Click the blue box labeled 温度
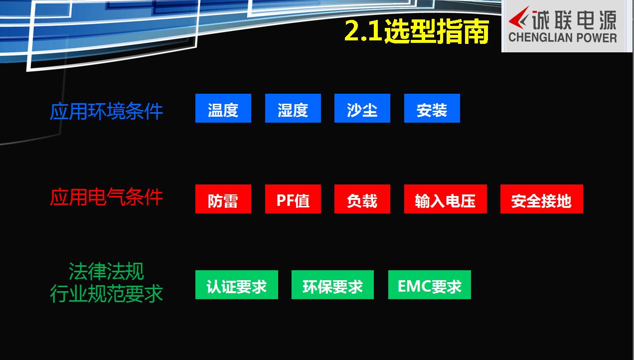pyautogui.click(x=223, y=108)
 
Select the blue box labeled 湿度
pyautogui.click(x=293, y=108)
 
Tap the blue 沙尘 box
pyautogui.click(x=362, y=108)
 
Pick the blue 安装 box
pyautogui.click(x=432, y=108)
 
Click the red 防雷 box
pyautogui.click(x=223, y=199)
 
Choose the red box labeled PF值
pyautogui.click(x=293, y=199)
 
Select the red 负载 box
pyautogui.click(x=362, y=199)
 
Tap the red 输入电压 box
pyautogui.click(x=446, y=199)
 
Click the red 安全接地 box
pyautogui.click(x=542, y=199)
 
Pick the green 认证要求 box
pyautogui.click(x=237, y=285)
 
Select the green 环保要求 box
pyautogui.click(x=332, y=285)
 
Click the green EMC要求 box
pyautogui.click(x=430, y=285)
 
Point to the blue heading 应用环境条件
pyautogui.click(x=107, y=111)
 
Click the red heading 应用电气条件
pyautogui.click(x=107, y=197)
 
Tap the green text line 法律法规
pyautogui.click(x=107, y=271)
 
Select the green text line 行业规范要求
pyautogui.click(x=107, y=294)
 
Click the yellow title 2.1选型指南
pyautogui.click(x=417, y=31)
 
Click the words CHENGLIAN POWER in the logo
pyautogui.click(x=563, y=38)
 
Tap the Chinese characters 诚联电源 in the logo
pyautogui.click(x=575, y=20)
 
